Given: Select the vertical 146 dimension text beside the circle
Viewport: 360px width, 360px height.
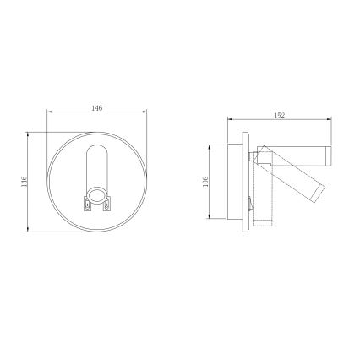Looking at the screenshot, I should (x=25, y=182).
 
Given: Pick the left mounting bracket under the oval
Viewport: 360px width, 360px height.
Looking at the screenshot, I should (x=85, y=203).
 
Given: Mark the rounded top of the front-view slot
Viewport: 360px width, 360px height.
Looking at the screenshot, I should (x=98, y=150).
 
